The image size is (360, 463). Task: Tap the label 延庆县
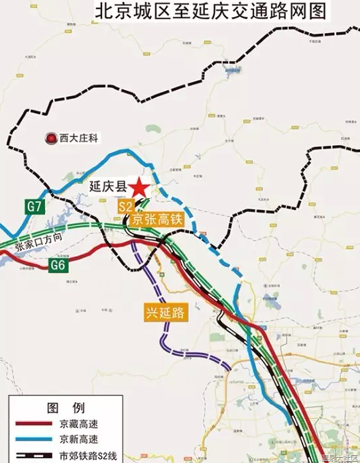107,188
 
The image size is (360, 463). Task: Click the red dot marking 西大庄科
49,138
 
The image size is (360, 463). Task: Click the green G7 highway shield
34,206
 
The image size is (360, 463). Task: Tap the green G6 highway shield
59,265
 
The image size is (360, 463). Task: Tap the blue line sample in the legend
30,438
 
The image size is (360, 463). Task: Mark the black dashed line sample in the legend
30,454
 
